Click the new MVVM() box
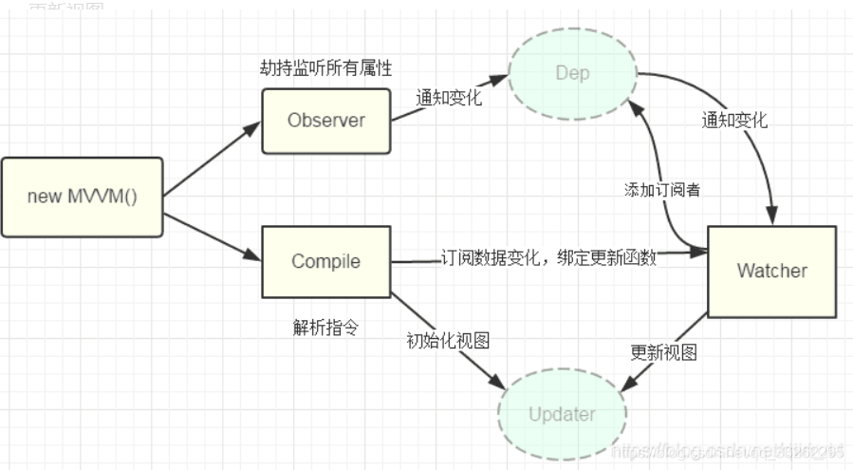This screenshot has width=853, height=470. click(83, 197)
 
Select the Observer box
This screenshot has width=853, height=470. click(325, 121)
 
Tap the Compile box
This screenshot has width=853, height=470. click(325, 261)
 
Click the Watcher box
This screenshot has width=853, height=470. click(771, 271)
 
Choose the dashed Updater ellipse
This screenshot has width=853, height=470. click(562, 414)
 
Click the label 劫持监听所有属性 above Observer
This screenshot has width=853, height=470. click(325, 67)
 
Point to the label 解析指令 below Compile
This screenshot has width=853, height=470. click(325, 328)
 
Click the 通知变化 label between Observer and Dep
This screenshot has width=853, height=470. click(448, 97)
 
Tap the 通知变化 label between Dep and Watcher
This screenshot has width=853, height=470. click(734, 121)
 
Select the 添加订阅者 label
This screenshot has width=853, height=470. click(662, 189)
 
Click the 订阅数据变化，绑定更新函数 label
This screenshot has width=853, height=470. click(548, 259)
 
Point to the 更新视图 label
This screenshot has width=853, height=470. click(664, 352)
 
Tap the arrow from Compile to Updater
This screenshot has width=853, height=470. click(446, 337)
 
